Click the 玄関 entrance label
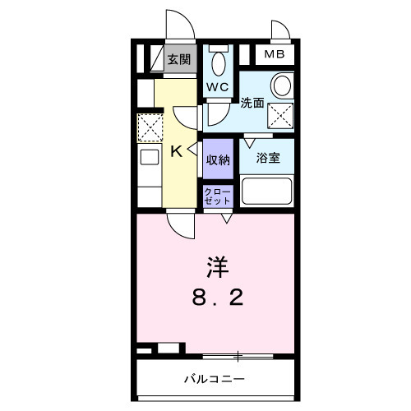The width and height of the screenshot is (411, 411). tap(179, 58)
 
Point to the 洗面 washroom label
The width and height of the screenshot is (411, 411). tap(252, 104)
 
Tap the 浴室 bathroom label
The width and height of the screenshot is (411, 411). tap(268, 157)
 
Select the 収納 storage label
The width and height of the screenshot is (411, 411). tap(218, 159)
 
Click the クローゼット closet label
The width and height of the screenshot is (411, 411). tap(218, 196)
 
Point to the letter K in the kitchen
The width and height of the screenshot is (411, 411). tap(177, 151)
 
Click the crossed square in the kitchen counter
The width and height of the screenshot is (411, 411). tap(150, 127)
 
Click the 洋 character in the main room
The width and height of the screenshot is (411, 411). tap(216, 267)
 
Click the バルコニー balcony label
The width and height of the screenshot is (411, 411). tap(213, 380)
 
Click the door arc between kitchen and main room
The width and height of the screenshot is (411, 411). tap(180, 219)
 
